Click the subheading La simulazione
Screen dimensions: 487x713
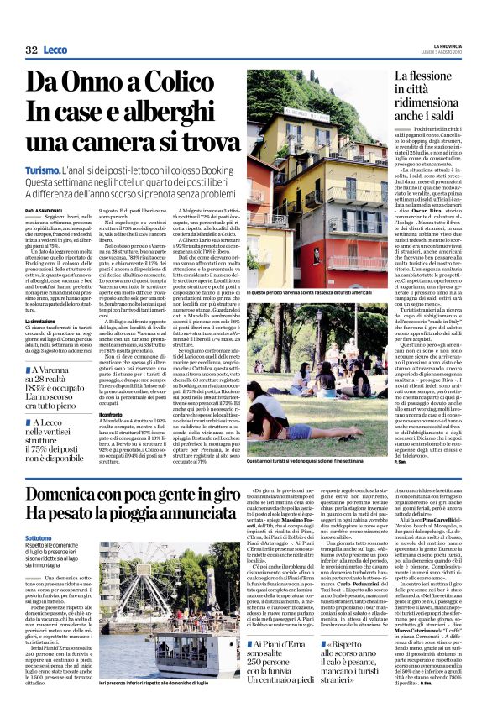40,321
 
